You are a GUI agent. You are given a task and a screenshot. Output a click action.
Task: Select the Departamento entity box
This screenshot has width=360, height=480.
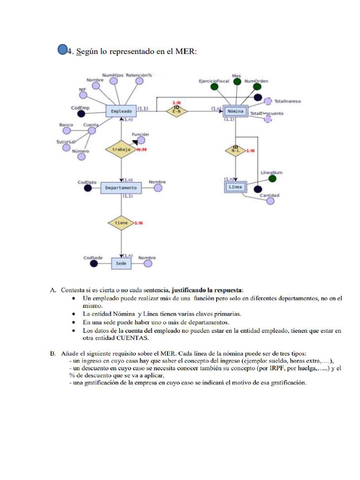121,187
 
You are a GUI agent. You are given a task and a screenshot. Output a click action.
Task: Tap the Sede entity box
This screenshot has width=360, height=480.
121,263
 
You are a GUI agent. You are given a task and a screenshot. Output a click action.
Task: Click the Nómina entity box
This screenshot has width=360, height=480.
235,112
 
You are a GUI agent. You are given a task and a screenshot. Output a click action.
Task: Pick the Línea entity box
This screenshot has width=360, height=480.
235,187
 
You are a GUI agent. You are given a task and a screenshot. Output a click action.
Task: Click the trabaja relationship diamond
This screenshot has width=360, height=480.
120,150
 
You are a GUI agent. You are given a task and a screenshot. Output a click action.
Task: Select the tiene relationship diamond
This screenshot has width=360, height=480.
120,223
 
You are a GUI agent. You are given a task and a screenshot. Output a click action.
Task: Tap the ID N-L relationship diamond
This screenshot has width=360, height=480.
235,150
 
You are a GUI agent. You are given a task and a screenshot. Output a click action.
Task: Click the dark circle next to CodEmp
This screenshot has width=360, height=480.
81,114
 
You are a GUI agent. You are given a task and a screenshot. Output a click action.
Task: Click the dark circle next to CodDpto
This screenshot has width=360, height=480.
87,188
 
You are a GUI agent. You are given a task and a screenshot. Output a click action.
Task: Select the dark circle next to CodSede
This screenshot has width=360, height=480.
94,263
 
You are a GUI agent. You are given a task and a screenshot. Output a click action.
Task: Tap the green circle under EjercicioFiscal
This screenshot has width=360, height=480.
214,87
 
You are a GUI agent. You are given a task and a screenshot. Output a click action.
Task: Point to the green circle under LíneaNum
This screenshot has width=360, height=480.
272,178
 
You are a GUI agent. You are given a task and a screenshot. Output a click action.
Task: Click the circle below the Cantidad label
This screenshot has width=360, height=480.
270,201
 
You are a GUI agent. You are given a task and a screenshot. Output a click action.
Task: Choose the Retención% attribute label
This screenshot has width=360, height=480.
139,75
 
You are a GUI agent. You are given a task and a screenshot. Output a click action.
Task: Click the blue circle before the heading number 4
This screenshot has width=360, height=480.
62,50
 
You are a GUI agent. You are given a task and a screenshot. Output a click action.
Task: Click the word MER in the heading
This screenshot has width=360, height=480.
186,52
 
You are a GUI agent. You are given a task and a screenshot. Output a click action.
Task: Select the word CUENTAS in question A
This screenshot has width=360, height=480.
133,338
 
